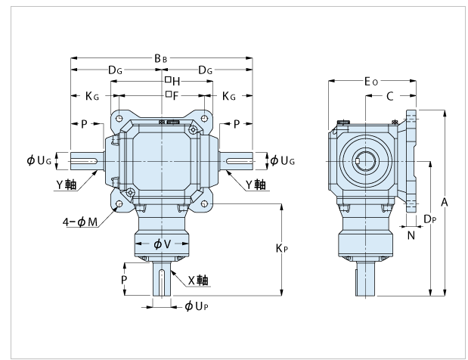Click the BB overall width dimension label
click(x=160, y=58)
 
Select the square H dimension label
click(x=171, y=82)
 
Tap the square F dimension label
click(x=171, y=96)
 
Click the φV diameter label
click(x=161, y=244)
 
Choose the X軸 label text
click(x=198, y=280)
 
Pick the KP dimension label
click(x=290, y=247)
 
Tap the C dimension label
click(x=389, y=96)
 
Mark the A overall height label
click(x=445, y=202)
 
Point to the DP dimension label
click(x=429, y=219)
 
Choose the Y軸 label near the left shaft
click(x=67, y=184)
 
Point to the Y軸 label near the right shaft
click(x=256, y=184)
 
